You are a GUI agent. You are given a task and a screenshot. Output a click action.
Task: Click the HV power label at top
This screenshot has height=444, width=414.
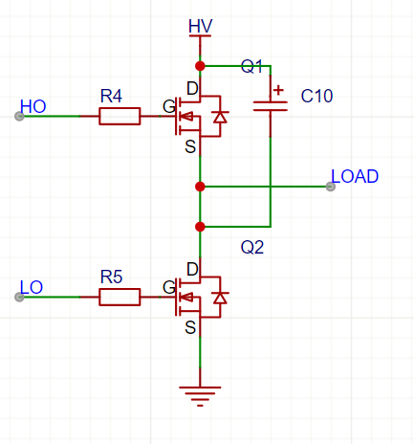200,26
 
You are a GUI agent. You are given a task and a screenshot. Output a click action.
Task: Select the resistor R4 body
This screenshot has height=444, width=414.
120,116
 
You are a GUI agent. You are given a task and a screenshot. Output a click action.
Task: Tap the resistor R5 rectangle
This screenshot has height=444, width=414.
120,297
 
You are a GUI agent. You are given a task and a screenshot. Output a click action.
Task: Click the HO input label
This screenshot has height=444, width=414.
33,106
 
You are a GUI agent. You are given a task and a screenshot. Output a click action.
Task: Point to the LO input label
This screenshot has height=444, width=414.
32,287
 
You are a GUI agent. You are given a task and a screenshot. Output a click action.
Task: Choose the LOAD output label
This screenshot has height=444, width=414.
355,176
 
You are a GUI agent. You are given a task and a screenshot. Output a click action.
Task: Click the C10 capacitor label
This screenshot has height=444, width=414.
316,96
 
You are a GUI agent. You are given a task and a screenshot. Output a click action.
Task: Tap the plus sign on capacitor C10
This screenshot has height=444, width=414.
278,90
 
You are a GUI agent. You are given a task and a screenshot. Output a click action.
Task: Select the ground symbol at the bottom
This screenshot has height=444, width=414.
200,396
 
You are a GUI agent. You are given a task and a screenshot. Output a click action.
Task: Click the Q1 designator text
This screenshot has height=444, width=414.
251,66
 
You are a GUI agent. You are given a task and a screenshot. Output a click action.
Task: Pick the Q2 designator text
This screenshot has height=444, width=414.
252,247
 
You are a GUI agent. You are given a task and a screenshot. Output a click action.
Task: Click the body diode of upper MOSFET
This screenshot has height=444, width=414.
220,117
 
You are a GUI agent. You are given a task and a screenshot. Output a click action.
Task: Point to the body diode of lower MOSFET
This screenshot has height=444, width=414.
220,298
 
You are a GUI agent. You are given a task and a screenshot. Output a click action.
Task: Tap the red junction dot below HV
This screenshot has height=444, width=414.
200,66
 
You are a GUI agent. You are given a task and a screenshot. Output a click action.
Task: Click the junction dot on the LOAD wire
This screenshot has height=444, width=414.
200,187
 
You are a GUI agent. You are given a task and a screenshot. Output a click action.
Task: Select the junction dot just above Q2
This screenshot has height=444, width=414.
200,227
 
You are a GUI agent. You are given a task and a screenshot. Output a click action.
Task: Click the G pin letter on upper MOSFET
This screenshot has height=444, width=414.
169,106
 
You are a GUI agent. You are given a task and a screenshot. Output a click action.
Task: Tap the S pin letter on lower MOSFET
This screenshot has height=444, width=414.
190,327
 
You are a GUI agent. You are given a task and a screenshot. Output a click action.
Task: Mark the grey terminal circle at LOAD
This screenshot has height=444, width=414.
331,187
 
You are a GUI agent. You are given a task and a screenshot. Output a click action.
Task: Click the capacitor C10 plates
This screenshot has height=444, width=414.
271,106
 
